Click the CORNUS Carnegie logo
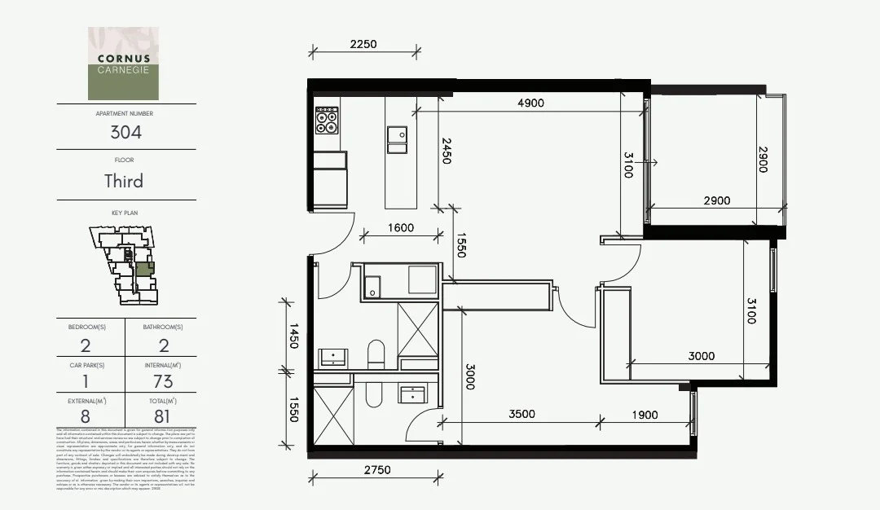(x=124, y=64)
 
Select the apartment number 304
(x=125, y=132)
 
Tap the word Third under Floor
(x=124, y=181)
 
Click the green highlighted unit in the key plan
(x=143, y=269)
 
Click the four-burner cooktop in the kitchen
(x=328, y=120)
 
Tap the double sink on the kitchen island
(x=398, y=140)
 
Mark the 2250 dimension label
(x=363, y=44)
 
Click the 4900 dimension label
(x=530, y=103)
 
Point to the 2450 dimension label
(x=447, y=151)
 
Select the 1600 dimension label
(x=401, y=228)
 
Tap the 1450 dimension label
(x=293, y=335)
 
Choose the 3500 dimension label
(x=521, y=414)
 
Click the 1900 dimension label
(x=644, y=415)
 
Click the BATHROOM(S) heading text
(x=162, y=327)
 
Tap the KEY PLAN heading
(x=125, y=213)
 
